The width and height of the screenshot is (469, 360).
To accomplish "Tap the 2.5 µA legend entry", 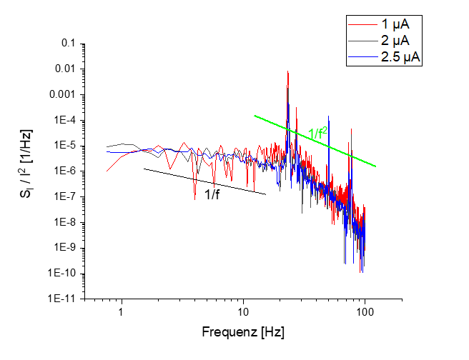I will [x=396, y=57].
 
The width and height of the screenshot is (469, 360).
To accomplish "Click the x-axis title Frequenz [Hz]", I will [x=243, y=332].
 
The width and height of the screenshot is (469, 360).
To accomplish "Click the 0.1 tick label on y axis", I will [x=69, y=44].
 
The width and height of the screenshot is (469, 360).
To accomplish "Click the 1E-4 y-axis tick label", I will [x=64, y=121].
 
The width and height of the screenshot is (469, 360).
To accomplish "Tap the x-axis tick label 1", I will [x=122, y=312].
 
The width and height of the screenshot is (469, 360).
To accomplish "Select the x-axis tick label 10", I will [x=244, y=312].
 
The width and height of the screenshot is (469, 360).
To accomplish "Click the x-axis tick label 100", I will [x=365, y=312].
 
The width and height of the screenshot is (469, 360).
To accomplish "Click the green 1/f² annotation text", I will [x=318, y=132].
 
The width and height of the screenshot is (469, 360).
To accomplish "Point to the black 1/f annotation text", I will [x=212, y=194].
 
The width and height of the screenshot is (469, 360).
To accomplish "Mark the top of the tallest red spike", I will [x=287, y=71].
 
